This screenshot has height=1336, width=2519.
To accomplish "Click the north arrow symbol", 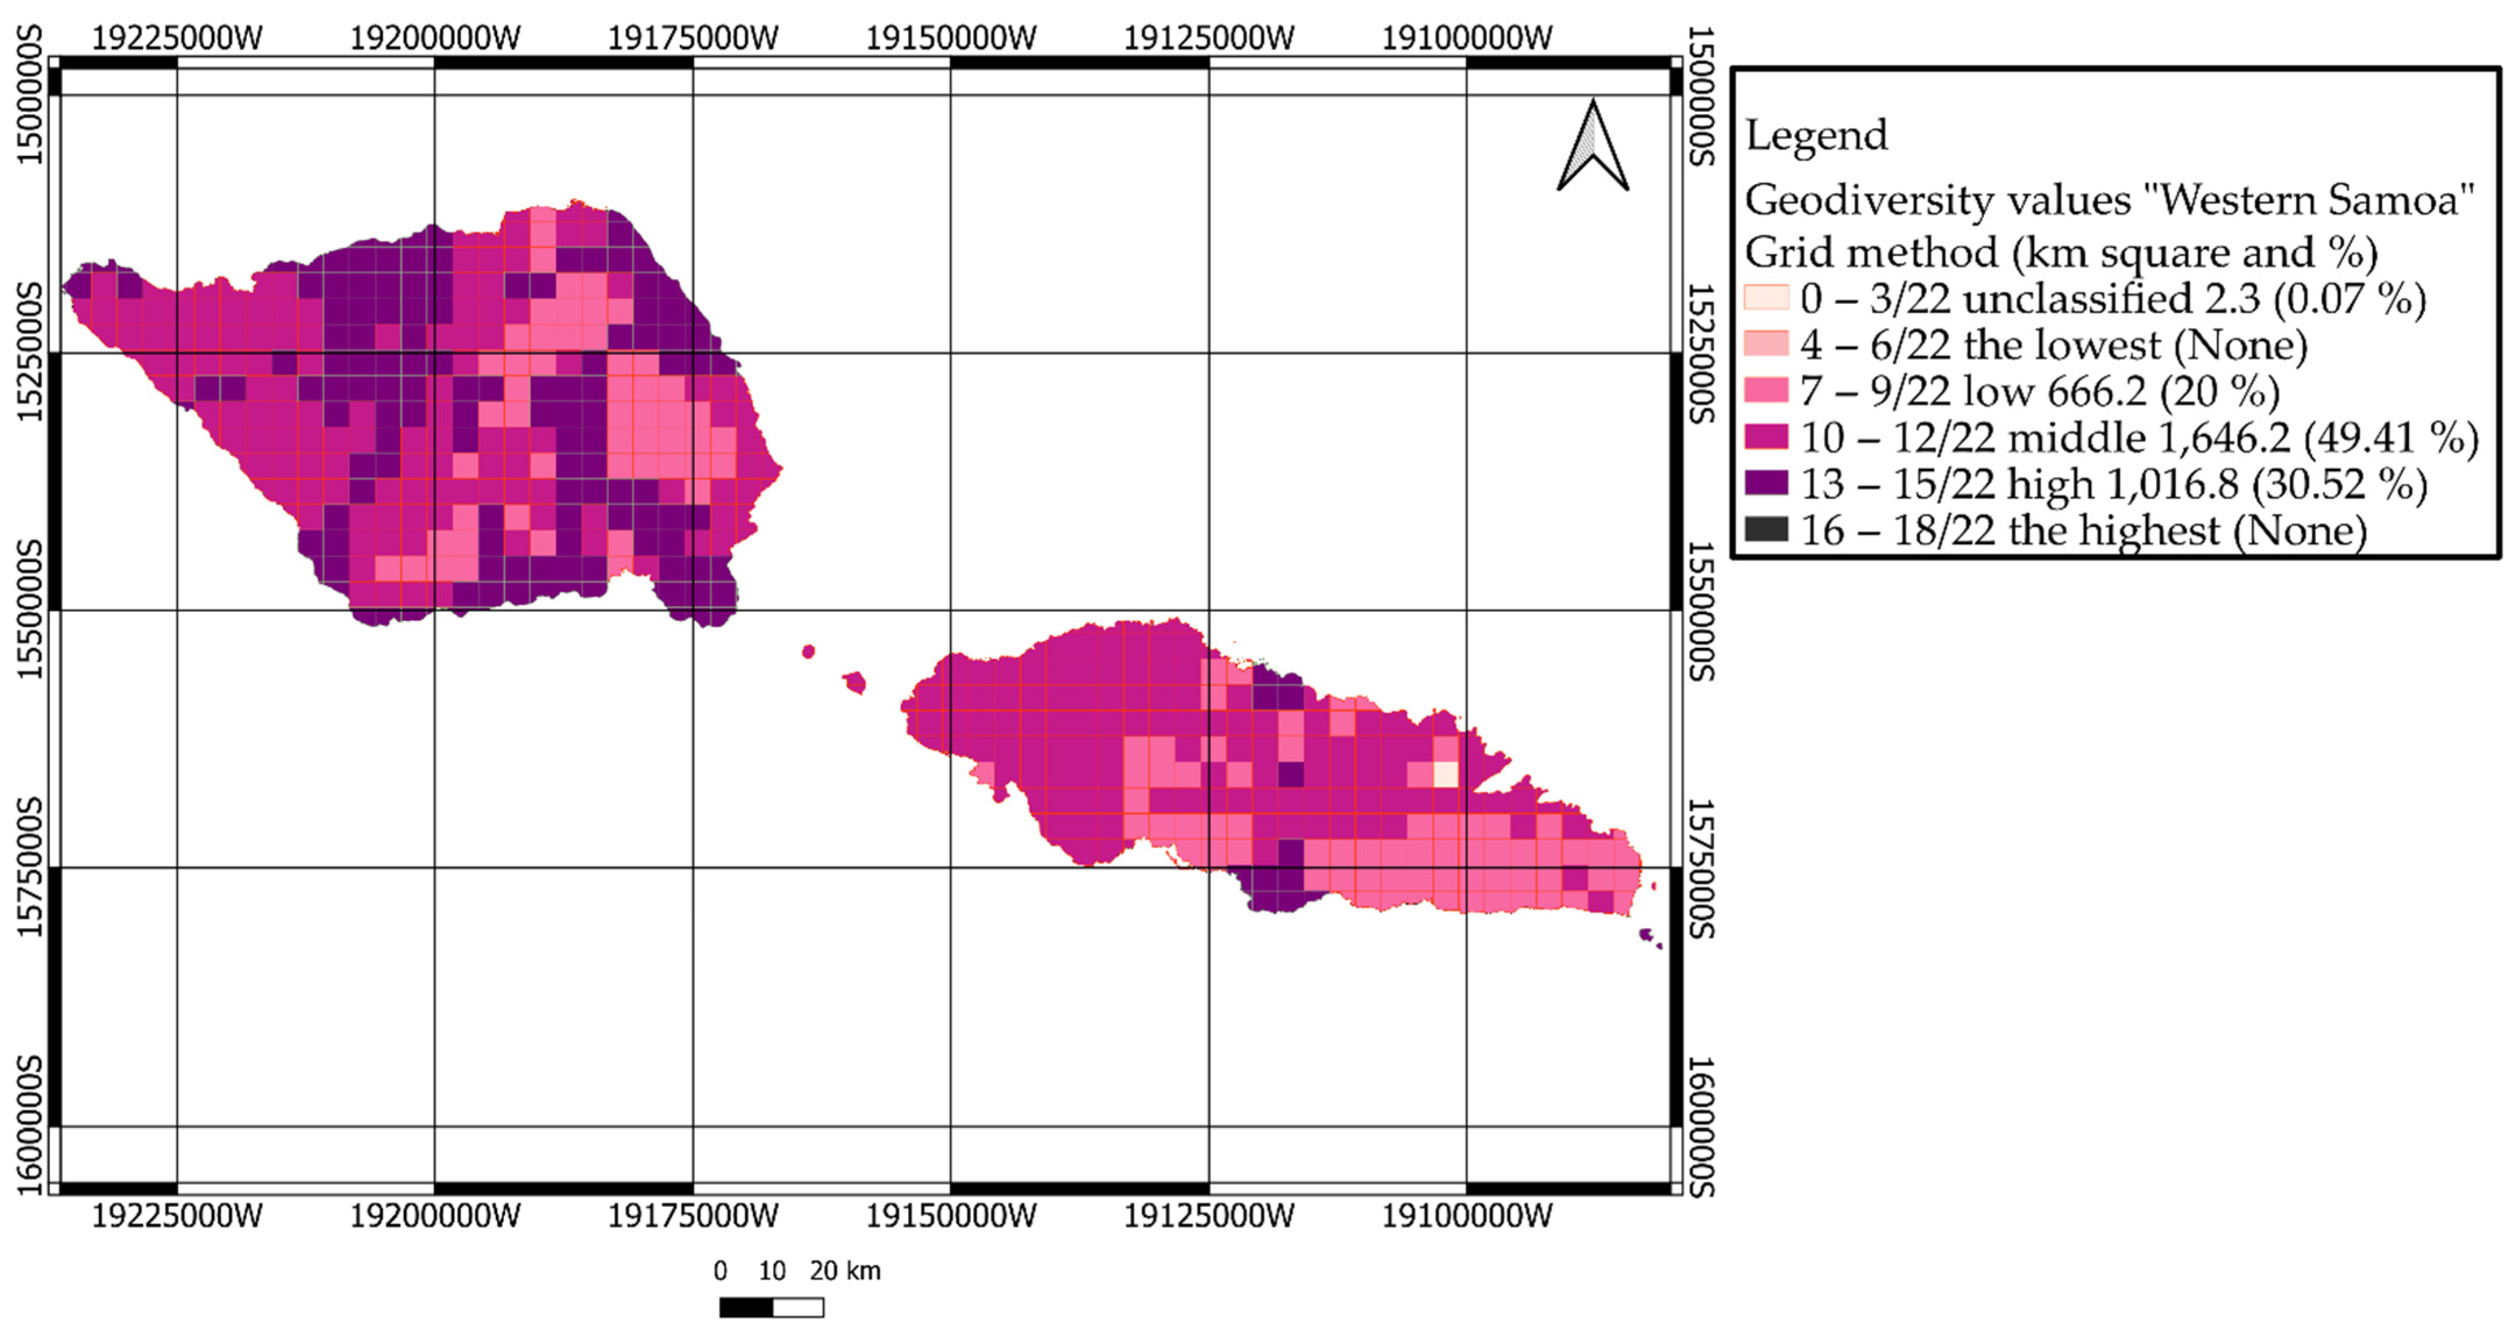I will [1592, 147].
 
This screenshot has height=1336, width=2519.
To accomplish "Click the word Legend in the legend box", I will [1816, 135].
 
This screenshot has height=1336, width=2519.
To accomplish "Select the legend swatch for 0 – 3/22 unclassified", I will [1766, 297].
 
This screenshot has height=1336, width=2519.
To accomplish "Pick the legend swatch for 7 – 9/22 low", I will [1766, 390].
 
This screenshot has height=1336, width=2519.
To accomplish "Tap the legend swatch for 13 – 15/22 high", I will [1766, 483].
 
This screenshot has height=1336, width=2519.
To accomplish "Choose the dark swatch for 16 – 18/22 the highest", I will [1766, 529].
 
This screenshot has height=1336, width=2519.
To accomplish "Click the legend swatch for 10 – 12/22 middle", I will [1766, 436].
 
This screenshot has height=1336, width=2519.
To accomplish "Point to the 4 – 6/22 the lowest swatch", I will [1766, 344].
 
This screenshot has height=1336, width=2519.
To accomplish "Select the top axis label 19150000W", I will [950, 38].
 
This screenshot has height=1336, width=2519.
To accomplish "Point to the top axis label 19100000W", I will [1466, 38].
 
